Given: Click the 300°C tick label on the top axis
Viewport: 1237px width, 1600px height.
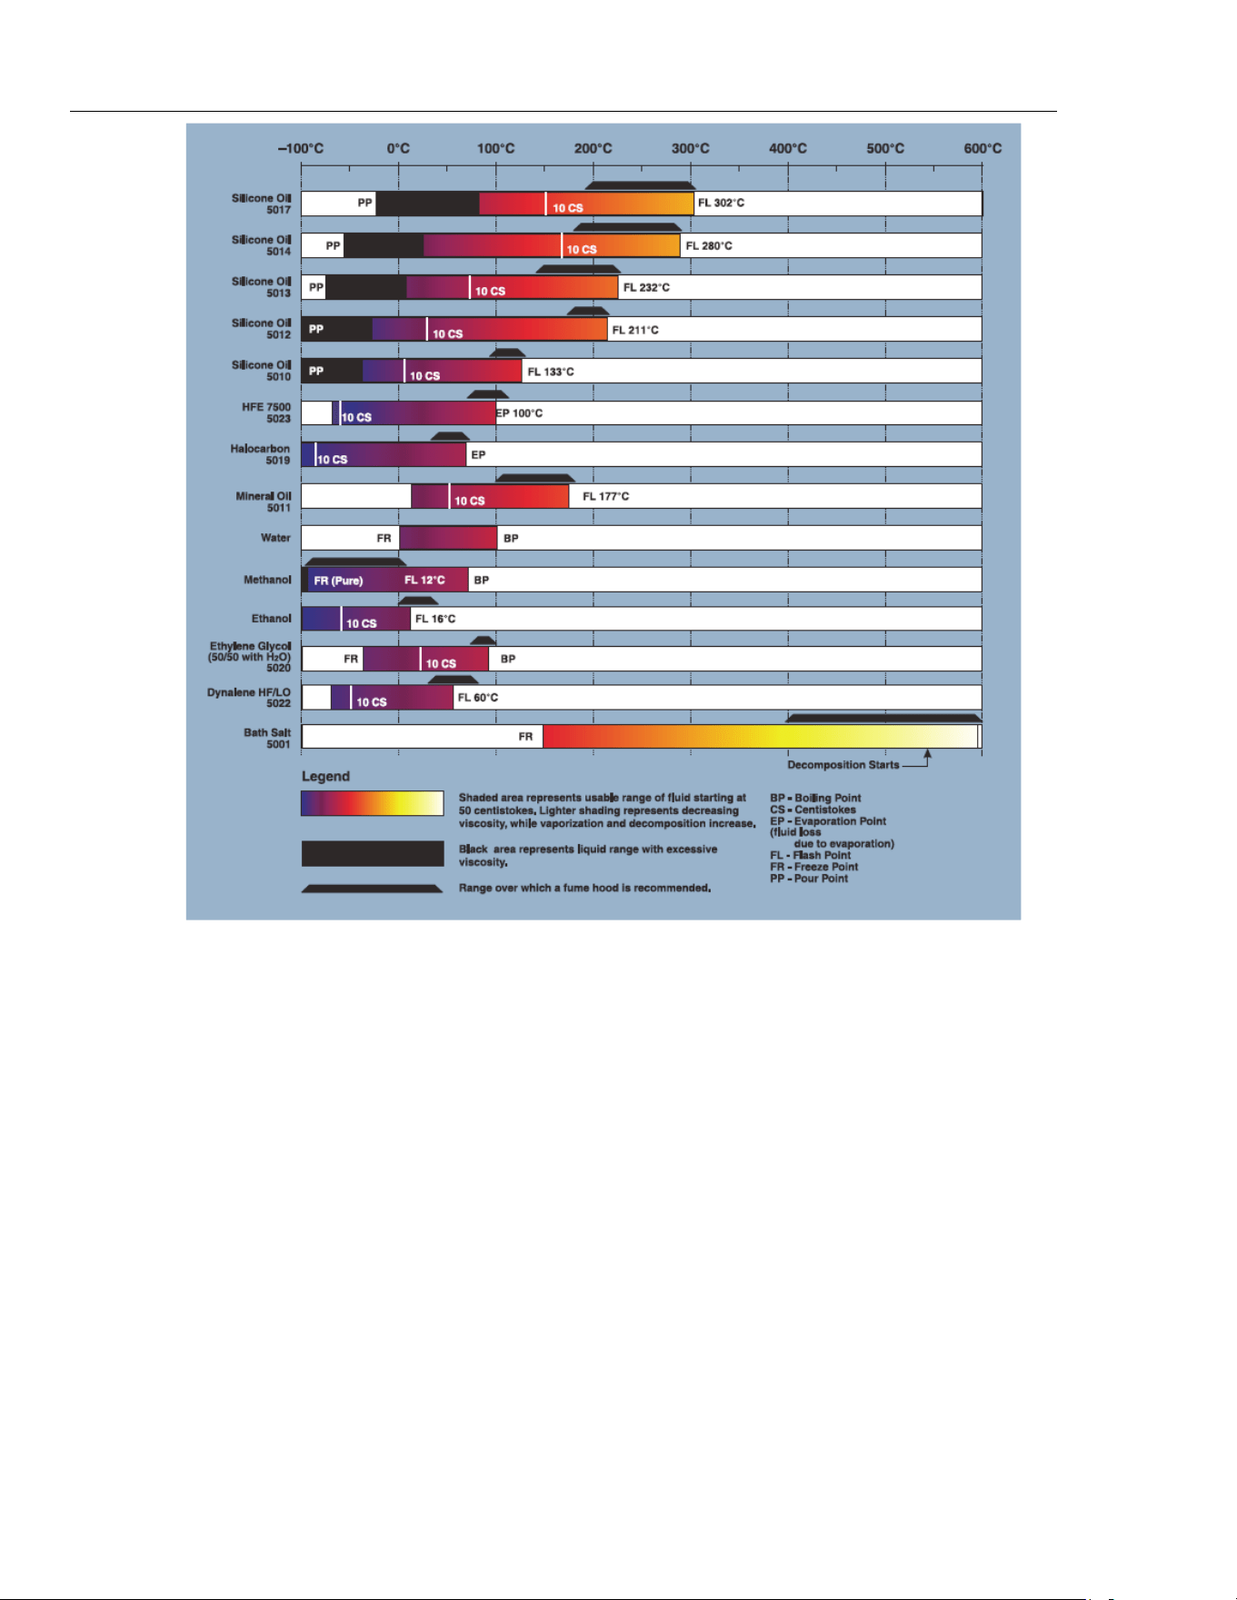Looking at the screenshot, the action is click(690, 148).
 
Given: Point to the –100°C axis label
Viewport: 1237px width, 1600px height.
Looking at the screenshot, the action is click(301, 148).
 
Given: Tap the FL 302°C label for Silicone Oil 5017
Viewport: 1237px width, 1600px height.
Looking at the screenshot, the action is click(721, 203).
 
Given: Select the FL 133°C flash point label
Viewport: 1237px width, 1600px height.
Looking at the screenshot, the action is click(551, 372).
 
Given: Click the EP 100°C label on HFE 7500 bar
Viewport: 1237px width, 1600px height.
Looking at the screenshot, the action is click(519, 413).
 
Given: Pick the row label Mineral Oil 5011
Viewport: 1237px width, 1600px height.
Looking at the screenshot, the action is click(264, 502).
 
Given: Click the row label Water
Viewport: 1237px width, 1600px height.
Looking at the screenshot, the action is click(275, 538).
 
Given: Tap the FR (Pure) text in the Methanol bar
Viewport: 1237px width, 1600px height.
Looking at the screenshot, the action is click(338, 581).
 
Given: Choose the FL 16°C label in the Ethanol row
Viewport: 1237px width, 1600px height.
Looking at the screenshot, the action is click(435, 619).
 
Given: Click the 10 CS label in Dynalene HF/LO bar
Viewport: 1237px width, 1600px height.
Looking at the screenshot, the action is click(371, 701).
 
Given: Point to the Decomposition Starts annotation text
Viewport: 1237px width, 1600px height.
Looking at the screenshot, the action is click(843, 765).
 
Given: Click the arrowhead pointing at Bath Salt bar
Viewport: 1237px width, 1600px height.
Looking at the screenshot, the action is click(927, 752).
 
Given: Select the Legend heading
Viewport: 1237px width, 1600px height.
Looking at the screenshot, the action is click(325, 776).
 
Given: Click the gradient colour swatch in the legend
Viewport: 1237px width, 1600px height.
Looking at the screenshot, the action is click(373, 803).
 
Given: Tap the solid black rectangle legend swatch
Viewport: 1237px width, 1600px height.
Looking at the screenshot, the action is click(373, 853).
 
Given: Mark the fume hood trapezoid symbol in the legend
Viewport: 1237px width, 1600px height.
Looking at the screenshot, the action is click(373, 889).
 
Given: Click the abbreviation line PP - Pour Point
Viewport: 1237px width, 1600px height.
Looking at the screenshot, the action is click(809, 879).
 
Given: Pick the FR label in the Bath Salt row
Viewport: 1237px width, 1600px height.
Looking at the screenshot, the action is click(525, 737).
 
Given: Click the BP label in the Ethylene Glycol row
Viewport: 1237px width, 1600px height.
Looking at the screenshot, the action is click(508, 659).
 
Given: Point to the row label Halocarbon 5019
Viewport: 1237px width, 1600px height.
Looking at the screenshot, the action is click(260, 454).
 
